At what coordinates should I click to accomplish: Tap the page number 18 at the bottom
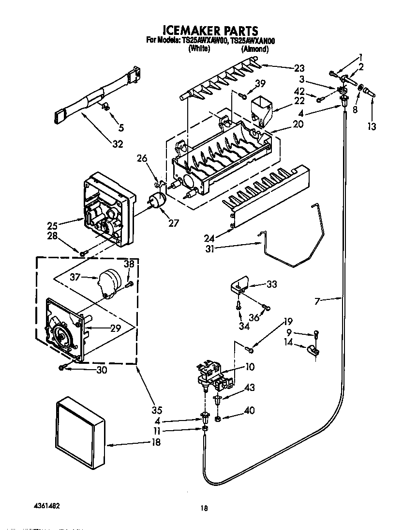[204, 508]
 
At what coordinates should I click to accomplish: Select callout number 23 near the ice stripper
[299, 68]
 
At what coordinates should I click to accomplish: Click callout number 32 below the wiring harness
[117, 143]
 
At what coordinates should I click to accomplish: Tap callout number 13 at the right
[372, 126]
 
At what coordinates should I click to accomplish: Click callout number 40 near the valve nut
[249, 411]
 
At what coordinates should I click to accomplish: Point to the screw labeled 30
[63, 368]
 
